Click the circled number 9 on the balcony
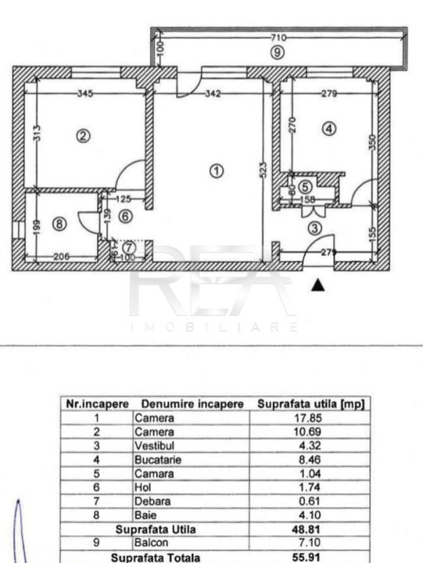click(278, 53)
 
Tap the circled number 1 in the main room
click(217, 171)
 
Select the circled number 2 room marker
click(84, 136)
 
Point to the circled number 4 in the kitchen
click(329, 128)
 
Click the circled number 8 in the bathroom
click(59, 224)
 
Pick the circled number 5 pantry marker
click(305, 187)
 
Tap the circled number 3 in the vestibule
click(315, 228)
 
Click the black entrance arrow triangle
click(318, 285)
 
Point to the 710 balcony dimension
click(278, 38)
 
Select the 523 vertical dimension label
click(263, 170)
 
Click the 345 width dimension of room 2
click(85, 94)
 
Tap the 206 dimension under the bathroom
click(62, 256)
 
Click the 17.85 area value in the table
click(308, 418)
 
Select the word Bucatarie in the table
click(158, 460)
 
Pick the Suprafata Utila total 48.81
click(308, 529)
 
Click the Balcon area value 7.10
click(310, 542)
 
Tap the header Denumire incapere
click(192, 404)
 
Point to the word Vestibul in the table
click(154, 446)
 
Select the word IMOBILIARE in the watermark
click(214, 327)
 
